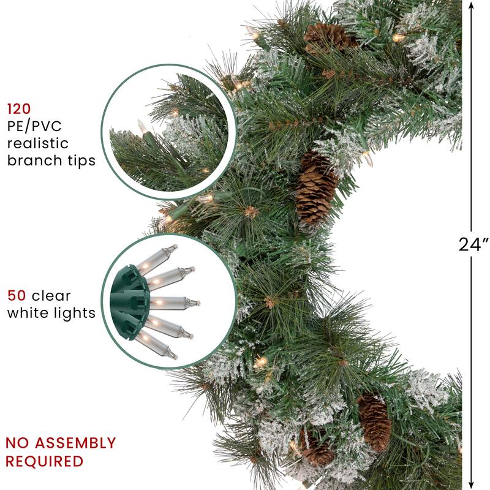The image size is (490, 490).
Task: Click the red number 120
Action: (18, 110)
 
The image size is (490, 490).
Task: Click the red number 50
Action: (17, 296)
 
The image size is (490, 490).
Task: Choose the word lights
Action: (75, 313)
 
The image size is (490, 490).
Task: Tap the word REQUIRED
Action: (44, 461)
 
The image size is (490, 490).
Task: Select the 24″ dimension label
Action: (473, 244)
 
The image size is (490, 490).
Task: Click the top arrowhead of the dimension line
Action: (471, 6)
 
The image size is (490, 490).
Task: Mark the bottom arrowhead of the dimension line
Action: (471, 484)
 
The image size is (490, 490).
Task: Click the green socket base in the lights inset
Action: (128, 300)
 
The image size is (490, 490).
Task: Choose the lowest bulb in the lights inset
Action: (156, 345)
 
